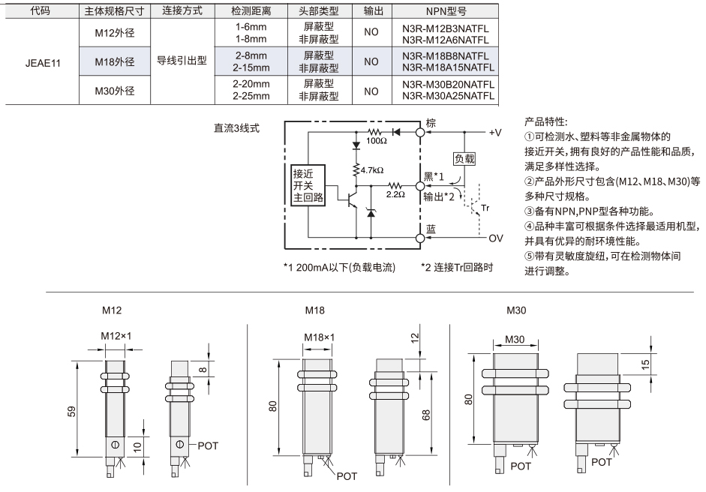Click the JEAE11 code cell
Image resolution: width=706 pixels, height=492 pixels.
point(43,63)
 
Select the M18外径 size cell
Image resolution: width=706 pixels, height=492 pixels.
point(115,61)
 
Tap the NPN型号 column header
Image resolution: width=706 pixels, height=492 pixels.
point(446,11)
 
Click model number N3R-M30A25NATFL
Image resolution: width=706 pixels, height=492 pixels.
point(449,96)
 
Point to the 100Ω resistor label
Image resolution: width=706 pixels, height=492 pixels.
point(377,141)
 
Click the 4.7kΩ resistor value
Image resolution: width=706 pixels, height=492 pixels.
point(372,170)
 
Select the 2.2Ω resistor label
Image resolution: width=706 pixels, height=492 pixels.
point(395,194)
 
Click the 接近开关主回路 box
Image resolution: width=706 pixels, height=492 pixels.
point(308,185)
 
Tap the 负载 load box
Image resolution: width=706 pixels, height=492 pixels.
point(464,158)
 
